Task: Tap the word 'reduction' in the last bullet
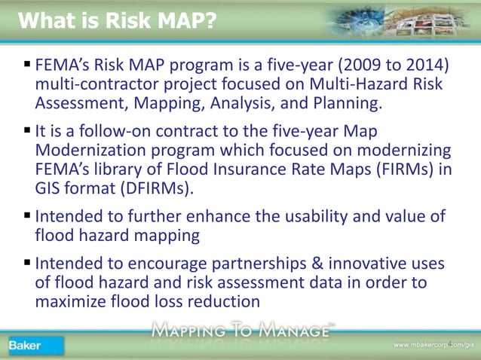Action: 223,300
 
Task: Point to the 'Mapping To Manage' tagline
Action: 241,329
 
